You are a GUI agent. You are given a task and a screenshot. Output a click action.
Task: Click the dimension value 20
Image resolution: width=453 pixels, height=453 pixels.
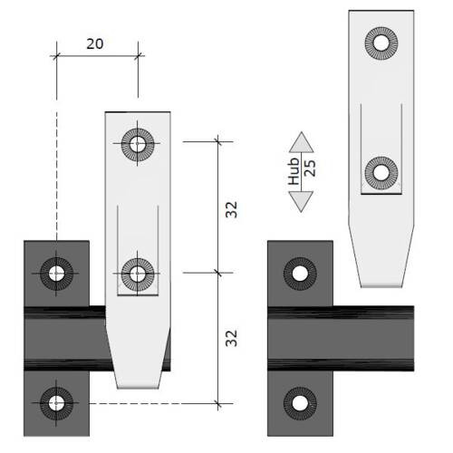pos(95,44)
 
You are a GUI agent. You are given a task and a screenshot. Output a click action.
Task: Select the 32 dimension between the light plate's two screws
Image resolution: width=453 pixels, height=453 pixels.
pos(232,209)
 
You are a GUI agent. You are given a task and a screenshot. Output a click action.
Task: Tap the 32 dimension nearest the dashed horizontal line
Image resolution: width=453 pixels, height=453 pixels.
pos(232,338)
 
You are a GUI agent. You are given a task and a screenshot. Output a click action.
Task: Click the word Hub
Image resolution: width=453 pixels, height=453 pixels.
pos(294,171)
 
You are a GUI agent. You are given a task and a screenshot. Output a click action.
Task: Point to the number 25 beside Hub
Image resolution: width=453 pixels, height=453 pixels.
pos(310,168)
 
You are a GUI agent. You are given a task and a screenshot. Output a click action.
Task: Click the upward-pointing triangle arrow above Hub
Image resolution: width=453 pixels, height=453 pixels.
pos(301,142)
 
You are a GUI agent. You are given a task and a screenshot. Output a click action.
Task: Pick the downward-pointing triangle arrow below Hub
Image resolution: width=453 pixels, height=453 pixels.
pos(301,201)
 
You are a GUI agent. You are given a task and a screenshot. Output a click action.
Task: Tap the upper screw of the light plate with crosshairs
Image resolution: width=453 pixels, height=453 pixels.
pos(138,143)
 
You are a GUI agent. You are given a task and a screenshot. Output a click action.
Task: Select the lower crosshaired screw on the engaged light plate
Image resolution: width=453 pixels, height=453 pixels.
pos(138,274)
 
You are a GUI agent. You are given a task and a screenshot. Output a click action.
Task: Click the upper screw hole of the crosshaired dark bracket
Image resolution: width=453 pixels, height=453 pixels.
pos(56,274)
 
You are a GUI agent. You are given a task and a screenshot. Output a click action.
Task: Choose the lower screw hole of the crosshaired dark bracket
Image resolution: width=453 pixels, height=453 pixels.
pos(56,403)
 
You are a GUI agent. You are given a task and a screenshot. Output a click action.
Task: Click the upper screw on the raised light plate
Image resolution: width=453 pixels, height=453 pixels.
pos(381,43)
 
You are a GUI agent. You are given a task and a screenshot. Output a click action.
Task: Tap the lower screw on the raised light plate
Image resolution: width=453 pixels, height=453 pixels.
pos(381,173)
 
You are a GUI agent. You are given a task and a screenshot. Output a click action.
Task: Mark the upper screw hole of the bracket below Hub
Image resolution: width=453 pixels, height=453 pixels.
pos(300,274)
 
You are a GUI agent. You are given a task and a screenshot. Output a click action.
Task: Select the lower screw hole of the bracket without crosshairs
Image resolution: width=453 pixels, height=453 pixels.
pos(300,403)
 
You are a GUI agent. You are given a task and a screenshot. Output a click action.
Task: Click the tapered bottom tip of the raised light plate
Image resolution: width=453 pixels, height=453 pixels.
pos(381,286)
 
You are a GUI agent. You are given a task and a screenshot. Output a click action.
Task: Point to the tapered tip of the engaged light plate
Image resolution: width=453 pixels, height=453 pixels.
pos(138,388)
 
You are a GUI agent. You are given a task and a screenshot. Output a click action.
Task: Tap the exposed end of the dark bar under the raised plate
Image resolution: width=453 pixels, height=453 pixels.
pos(412,339)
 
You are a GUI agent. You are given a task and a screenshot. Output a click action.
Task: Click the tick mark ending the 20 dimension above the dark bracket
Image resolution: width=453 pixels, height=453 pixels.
pos(56,56)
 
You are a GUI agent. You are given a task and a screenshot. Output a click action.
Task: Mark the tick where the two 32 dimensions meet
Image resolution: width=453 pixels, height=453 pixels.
pos(218,273)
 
